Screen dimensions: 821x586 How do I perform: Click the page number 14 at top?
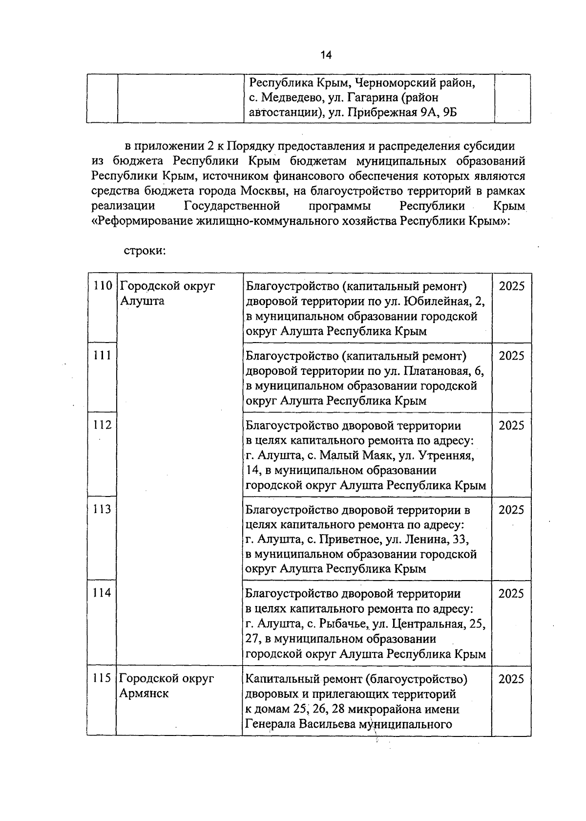tap(326, 55)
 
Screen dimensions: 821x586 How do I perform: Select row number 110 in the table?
tap(103, 286)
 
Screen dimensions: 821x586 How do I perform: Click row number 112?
tap(103, 425)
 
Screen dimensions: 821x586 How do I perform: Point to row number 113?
tap(103, 509)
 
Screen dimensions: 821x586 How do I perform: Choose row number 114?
tap(103, 593)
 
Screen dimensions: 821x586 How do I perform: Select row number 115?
tap(103, 678)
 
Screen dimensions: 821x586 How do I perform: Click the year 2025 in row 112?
tap(511, 425)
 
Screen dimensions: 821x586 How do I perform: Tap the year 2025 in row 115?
tap(511, 678)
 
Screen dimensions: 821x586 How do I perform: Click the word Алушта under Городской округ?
tap(142, 301)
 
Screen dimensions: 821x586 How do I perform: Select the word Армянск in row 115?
tap(144, 693)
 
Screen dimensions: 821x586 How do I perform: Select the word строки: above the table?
tap(145, 251)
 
